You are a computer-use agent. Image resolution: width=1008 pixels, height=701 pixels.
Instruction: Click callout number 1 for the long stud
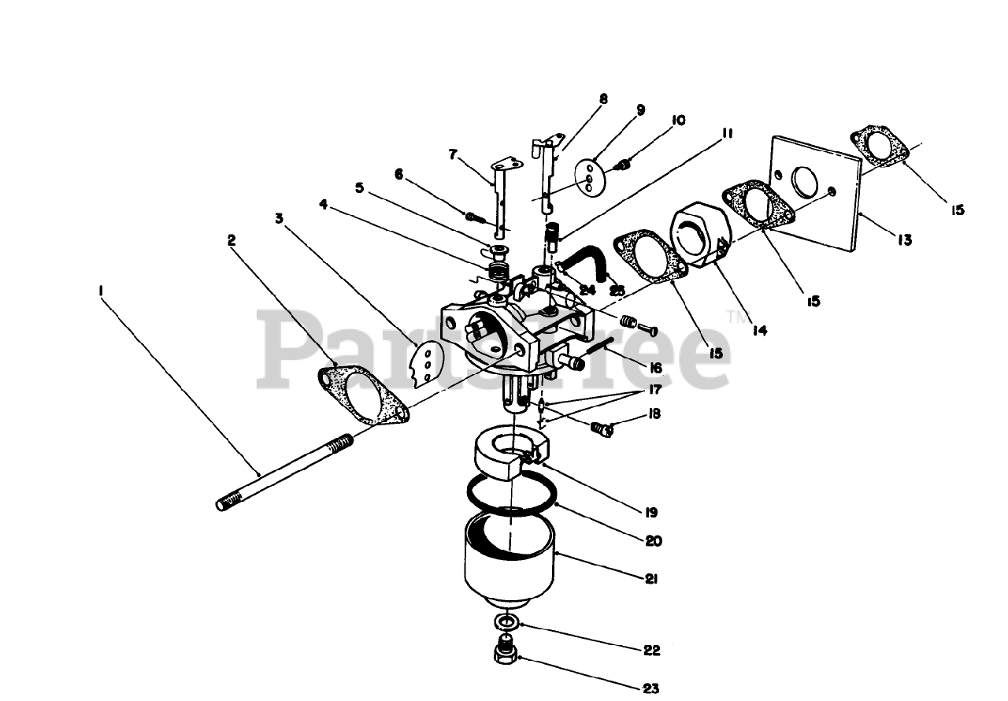point(102,291)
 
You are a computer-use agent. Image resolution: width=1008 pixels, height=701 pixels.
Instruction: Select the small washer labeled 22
point(505,623)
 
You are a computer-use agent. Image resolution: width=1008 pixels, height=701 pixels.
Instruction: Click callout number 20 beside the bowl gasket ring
point(654,541)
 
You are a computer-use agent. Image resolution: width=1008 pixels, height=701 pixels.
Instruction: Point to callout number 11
point(727,135)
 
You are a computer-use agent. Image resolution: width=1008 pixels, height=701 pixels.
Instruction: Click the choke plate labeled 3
point(425,362)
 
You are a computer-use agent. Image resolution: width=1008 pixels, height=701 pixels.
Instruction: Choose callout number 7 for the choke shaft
point(453,154)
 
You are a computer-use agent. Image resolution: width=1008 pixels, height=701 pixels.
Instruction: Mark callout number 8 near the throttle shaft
point(604,100)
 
